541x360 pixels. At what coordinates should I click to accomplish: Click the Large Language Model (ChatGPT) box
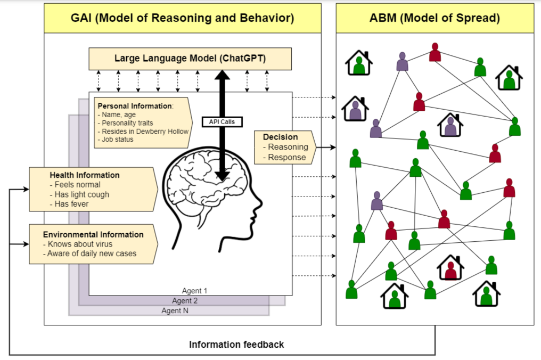click(x=190, y=59)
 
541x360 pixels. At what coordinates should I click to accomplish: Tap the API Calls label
click(x=222, y=121)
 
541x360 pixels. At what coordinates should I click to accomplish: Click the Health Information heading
click(x=84, y=175)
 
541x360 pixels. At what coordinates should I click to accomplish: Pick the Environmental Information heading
click(x=93, y=234)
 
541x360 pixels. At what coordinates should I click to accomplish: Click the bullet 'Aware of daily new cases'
click(x=89, y=253)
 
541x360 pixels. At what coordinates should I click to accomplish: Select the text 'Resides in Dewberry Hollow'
click(x=145, y=131)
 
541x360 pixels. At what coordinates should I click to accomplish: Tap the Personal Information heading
click(x=135, y=106)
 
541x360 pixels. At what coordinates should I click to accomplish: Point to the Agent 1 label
click(x=194, y=291)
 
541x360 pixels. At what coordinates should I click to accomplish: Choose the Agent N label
click(x=175, y=310)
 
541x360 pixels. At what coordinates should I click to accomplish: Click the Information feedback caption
click(x=236, y=345)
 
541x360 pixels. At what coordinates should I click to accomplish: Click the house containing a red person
click(x=450, y=268)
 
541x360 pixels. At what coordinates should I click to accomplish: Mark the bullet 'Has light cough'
click(x=81, y=194)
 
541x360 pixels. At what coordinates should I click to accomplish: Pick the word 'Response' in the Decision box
click(x=287, y=157)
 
